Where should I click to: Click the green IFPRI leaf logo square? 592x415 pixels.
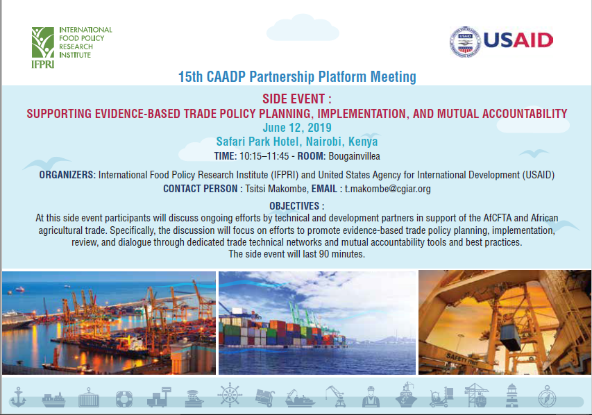(x=42, y=42)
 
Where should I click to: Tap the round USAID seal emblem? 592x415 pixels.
(x=465, y=42)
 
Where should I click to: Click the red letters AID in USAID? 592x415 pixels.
(x=533, y=40)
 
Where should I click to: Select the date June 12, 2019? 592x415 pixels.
(x=297, y=128)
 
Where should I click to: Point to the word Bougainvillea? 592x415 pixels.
(x=354, y=156)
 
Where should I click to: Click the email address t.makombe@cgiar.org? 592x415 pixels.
(x=387, y=189)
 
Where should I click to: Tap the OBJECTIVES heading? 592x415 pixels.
(x=294, y=206)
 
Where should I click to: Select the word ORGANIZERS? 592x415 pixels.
(x=67, y=175)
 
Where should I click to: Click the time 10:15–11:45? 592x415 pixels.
(x=264, y=156)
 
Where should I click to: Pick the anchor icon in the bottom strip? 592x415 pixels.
(x=18, y=397)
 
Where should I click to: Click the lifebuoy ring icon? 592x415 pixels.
(x=124, y=398)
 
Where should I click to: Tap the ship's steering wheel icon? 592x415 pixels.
(x=229, y=395)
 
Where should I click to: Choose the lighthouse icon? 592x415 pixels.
(x=511, y=396)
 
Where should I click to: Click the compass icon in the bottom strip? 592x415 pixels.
(x=547, y=396)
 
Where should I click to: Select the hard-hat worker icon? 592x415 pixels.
(x=371, y=396)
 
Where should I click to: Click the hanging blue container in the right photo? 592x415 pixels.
(x=510, y=337)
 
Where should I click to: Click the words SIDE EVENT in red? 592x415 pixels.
(x=294, y=99)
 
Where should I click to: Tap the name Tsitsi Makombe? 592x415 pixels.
(x=277, y=189)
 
